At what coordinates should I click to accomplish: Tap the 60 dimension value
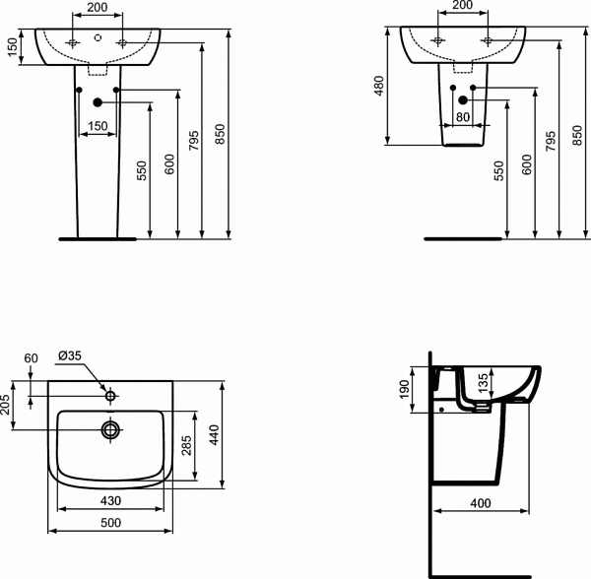[30, 357]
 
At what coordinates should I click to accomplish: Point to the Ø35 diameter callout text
[70, 356]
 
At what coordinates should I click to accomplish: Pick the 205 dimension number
[7, 405]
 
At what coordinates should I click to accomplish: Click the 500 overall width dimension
[110, 522]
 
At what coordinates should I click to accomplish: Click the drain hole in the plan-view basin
[110, 429]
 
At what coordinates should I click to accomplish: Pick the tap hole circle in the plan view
[110, 396]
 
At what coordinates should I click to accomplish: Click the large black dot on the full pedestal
[97, 102]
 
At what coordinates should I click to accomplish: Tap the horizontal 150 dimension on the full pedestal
[97, 125]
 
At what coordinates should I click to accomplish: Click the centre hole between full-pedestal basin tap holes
[97, 38]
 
